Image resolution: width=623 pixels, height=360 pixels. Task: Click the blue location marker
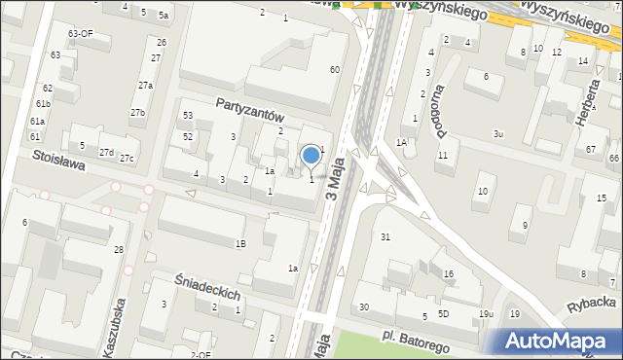(311, 155)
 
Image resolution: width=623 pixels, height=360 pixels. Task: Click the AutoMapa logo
(560, 342)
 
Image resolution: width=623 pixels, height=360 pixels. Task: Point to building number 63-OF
(80, 33)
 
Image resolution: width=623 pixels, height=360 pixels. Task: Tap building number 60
(334, 69)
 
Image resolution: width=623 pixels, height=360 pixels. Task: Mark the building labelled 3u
(497, 133)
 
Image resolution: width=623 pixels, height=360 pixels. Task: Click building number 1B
(240, 243)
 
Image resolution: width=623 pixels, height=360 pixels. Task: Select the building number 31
(385, 237)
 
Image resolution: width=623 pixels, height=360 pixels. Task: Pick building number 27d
(106, 153)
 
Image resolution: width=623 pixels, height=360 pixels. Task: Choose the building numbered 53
(188, 116)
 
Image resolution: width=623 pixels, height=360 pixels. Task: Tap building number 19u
(486, 313)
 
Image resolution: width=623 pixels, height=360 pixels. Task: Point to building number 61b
(43, 103)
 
